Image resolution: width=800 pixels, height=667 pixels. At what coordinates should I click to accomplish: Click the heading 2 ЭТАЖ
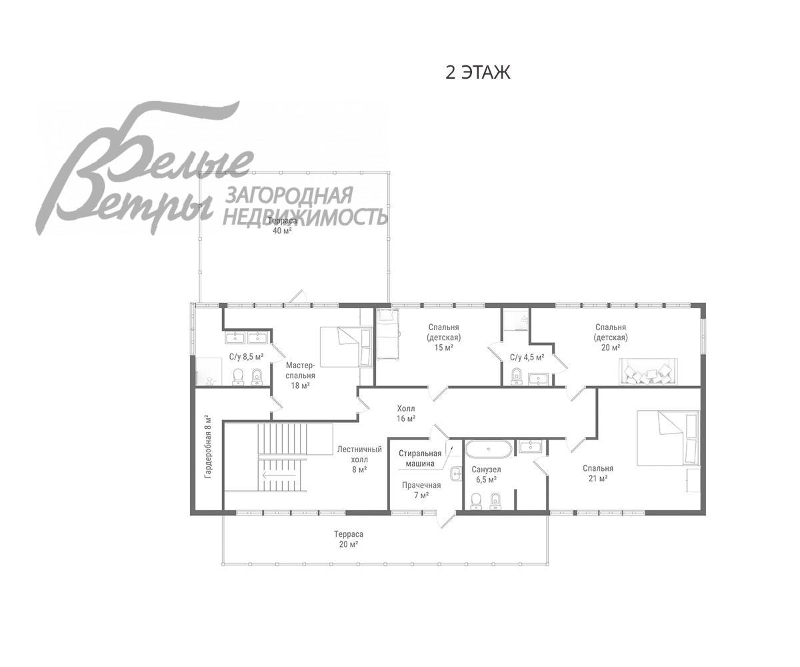pos(477,73)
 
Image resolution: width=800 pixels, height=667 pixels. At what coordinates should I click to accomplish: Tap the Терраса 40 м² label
pos(283,226)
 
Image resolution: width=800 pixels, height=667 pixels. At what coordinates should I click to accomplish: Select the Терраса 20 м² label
pos(348,539)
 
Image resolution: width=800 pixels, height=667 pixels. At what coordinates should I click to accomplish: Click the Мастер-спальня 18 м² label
pos(301,376)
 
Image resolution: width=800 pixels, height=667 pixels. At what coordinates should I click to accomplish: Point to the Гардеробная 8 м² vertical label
pos(208,446)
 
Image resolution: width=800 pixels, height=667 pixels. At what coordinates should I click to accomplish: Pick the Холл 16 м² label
pos(406,414)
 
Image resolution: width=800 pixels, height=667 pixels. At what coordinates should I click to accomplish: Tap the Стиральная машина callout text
pos(420,458)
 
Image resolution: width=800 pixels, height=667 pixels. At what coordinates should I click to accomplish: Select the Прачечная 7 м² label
pos(421,490)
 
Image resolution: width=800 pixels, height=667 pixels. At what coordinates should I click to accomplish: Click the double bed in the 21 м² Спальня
pos(668,438)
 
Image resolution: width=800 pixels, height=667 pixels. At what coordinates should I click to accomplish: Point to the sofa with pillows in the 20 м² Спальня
pos(648,372)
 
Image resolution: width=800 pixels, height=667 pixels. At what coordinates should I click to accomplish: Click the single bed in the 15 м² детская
pos(387,334)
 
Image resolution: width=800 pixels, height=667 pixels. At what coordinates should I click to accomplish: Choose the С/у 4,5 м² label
pos(527,358)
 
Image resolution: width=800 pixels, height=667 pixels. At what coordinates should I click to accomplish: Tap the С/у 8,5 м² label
pos(247,357)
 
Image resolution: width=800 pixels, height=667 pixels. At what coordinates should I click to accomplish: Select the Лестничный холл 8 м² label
pos(359,460)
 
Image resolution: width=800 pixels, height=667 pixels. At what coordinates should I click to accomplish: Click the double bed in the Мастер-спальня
pos(347,347)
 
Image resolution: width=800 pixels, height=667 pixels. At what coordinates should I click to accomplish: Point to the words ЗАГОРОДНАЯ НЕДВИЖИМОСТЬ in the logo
pos(305,206)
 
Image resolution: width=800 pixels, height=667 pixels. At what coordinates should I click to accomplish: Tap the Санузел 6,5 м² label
pos(486,474)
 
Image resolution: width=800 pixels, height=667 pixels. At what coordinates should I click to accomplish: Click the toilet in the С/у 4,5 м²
pos(517,377)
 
